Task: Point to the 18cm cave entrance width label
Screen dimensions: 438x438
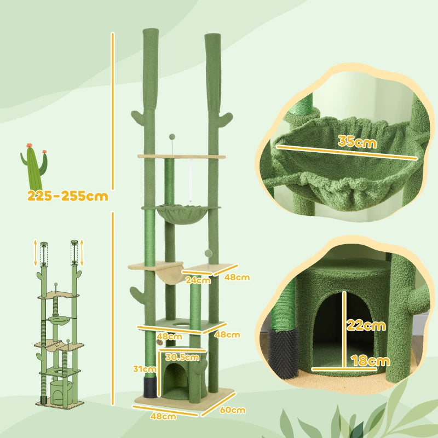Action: tap(370, 360)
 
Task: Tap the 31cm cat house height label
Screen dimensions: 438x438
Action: tap(147, 368)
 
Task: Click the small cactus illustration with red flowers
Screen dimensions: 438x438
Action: tap(34, 167)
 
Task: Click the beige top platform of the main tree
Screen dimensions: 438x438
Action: tap(181, 157)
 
